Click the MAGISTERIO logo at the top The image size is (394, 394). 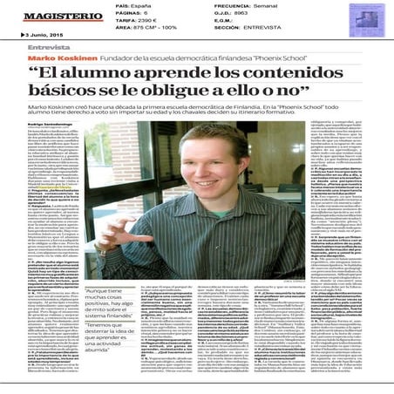(x=52, y=17)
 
